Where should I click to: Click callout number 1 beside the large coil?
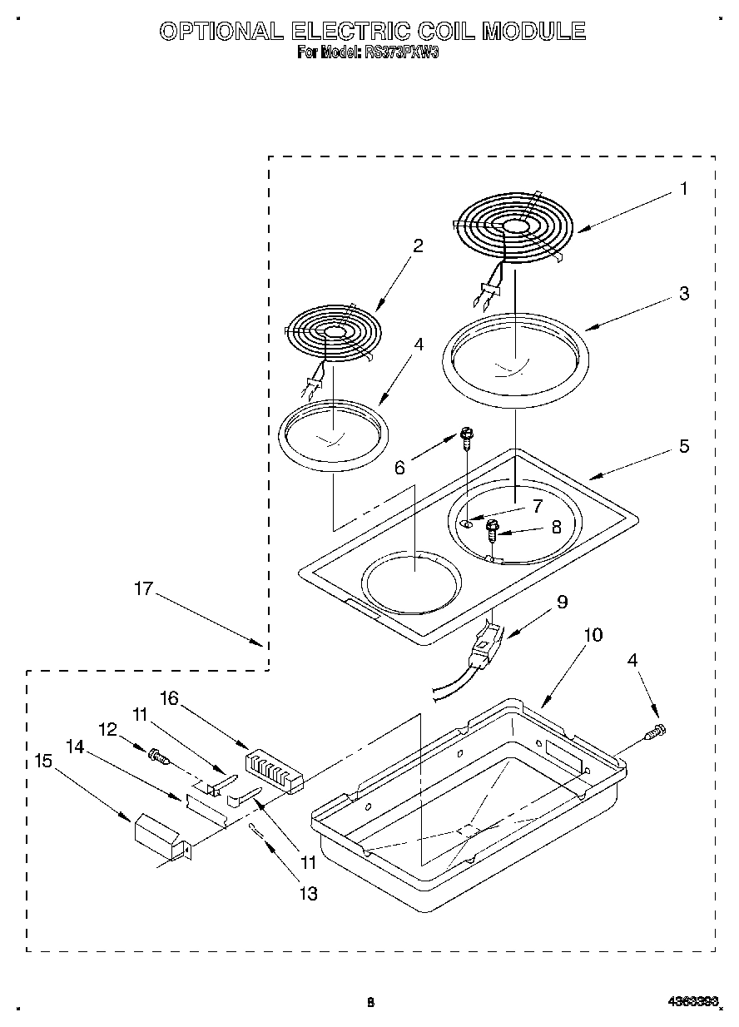pos(683,189)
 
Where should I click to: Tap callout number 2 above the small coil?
pos(418,246)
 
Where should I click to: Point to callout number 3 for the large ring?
pos(683,293)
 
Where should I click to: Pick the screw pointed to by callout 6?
pos(466,435)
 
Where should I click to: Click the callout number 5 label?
pos(683,446)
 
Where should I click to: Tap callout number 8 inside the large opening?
pos(556,526)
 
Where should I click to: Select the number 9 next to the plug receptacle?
pos(562,601)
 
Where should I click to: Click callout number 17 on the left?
pos(143,589)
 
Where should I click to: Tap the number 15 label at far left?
pos(43,760)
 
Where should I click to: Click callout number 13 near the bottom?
pos(308,894)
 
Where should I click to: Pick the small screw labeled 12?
pos(157,756)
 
